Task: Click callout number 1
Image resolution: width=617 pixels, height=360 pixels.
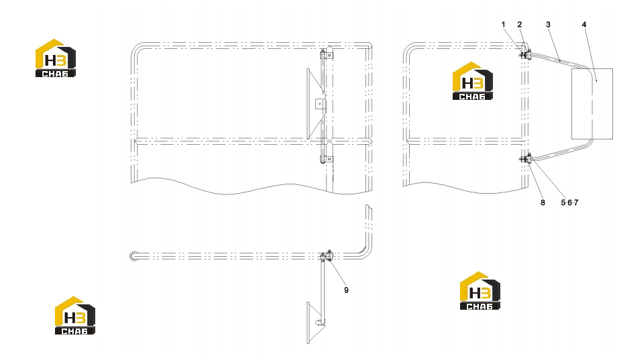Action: coord(503,24)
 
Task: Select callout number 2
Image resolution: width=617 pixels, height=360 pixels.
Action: coord(519,24)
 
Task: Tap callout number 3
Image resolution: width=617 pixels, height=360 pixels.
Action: coord(548,24)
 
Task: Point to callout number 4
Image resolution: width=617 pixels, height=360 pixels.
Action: coord(584,24)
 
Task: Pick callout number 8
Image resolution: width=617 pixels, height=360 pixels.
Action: coord(543,202)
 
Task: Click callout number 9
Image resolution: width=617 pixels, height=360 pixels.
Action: coord(346,290)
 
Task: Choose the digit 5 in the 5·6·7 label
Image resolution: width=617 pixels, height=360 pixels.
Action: coord(563,202)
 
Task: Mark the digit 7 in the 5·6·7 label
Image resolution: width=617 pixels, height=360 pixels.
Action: coord(576,202)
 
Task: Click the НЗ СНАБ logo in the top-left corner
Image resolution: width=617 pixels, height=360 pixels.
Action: coord(56,58)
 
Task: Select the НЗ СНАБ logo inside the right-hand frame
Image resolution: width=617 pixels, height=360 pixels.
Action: coord(473,80)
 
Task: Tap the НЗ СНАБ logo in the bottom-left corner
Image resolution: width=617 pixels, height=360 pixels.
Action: coord(74,316)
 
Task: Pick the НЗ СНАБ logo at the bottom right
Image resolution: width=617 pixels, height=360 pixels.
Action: coord(480,290)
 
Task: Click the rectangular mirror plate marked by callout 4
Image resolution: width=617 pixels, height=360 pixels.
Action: coord(592,104)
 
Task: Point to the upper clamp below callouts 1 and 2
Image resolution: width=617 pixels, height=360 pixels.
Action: coord(526,55)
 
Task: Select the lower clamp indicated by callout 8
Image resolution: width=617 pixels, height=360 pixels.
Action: coord(526,159)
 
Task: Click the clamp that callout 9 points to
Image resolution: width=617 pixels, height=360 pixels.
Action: coord(327,255)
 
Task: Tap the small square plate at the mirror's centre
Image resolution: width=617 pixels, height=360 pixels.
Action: coord(320,105)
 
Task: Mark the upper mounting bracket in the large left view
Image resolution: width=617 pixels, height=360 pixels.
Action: coord(327,54)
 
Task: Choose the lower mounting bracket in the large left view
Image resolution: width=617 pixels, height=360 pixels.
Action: coord(327,159)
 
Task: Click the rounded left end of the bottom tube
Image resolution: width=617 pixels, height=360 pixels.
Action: coord(132,256)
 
